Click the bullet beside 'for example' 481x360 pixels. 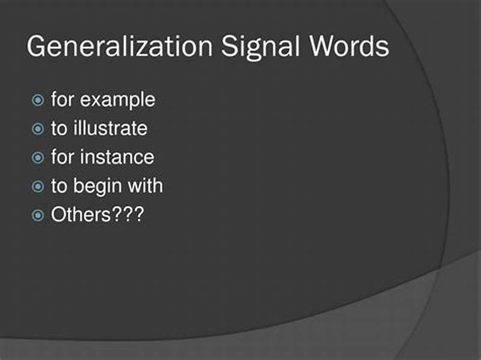37,100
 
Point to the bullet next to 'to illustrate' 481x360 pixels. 37,129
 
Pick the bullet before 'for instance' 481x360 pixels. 37,157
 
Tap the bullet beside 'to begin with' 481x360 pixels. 37,186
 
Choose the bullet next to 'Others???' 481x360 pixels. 37,215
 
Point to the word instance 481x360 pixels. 117,157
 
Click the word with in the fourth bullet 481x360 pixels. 144,186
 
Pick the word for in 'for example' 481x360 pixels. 62,100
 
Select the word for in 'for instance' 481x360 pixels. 62,157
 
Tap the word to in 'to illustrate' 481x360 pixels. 58,129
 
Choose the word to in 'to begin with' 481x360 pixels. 58,186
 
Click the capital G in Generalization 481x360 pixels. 38,47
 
